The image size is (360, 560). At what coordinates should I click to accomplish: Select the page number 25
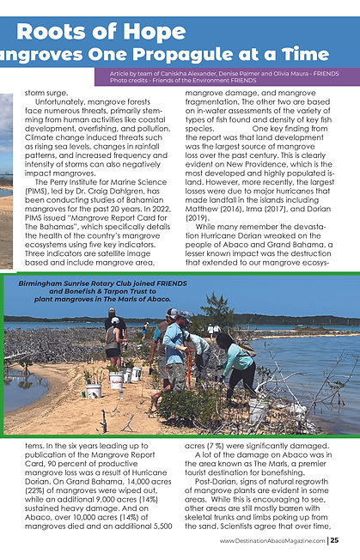(x=333, y=540)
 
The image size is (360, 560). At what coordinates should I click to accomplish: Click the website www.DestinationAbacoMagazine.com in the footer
(x=272, y=540)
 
